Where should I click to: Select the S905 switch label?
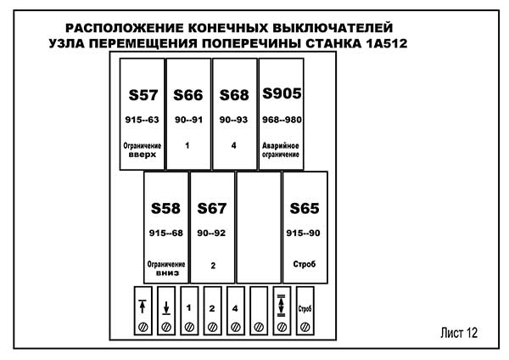pyautogui.click(x=282, y=93)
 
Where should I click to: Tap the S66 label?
pyautogui.click(x=188, y=94)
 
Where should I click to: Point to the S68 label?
pyautogui.click(x=234, y=94)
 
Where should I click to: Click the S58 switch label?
pyautogui.click(x=166, y=208)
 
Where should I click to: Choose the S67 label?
pyautogui.click(x=212, y=208)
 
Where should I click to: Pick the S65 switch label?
pyautogui.click(x=304, y=208)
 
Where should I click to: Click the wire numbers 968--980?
pyautogui.click(x=282, y=120)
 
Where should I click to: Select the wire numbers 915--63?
pyautogui.click(x=142, y=120)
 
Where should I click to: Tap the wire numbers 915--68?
pyautogui.click(x=166, y=233)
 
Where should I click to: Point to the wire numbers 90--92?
pyautogui.click(x=212, y=233)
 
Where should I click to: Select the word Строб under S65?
pyautogui.click(x=304, y=265)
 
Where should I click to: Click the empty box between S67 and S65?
pyautogui.click(x=258, y=227)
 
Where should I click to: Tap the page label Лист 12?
pyautogui.click(x=460, y=333)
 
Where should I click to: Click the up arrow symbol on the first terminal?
pyautogui.click(x=143, y=306)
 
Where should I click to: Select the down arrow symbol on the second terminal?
pyautogui.click(x=166, y=307)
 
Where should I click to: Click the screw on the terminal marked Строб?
pyautogui.click(x=305, y=326)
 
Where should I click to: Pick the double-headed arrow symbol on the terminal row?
pyautogui.click(x=282, y=306)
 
